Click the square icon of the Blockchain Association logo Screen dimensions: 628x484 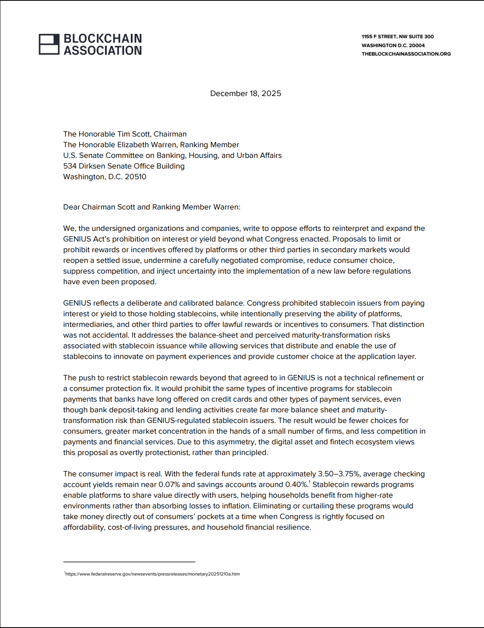pyautogui.click(x=49, y=44)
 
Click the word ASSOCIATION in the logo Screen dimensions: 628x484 pyautogui.click(x=103, y=51)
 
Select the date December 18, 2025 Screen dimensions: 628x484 pyautogui.click(x=246, y=93)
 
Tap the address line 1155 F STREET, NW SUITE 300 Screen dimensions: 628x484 pyautogui.click(x=397, y=36)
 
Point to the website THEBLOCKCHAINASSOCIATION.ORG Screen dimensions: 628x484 pyautogui.click(x=406, y=54)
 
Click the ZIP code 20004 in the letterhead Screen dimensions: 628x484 pyautogui.click(x=417, y=45)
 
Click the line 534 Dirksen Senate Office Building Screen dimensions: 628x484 pyautogui.click(x=124, y=166)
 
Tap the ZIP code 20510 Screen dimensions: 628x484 pyautogui.click(x=135, y=177)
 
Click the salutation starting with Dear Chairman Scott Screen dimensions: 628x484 pyautogui.click(x=152, y=207)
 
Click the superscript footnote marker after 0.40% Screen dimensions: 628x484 pyautogui.click(x=310, y=483)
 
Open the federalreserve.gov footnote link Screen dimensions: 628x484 pyautogui.click(x=152, y=574)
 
